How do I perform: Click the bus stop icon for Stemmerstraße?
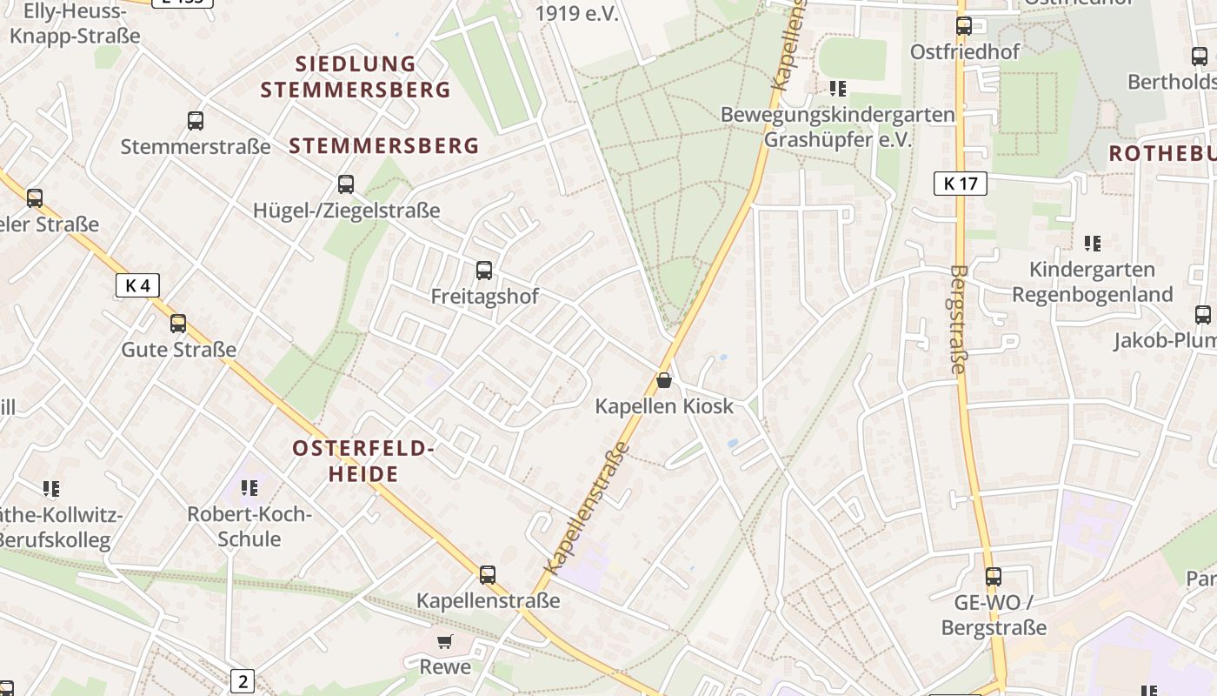click(196, 121)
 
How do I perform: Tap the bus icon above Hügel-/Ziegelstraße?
click(346, 184)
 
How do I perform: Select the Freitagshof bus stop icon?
click(484, 271)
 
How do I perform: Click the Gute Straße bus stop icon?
click(178, 324)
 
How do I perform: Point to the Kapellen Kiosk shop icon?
click(664, 380)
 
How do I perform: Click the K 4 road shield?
click(137, 285)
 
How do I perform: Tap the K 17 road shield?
click(961, 184)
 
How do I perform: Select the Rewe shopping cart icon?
click(445, 642)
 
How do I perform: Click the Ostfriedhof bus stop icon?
click(964, 26)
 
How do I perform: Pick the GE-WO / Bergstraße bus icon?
click(994, 576)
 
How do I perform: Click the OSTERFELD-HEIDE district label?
click(362, 461)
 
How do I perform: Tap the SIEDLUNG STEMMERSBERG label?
click(356, 77)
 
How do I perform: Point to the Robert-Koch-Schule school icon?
click(249, 488)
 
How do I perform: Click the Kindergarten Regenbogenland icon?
click(1093, 244)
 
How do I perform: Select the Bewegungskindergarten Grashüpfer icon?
click(838, 88)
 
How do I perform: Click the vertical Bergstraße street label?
click(959, 320)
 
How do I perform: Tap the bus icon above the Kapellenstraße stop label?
click(488, 574)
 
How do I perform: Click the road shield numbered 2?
click(243, 681)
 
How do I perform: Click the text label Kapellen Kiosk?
click(664, 406)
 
